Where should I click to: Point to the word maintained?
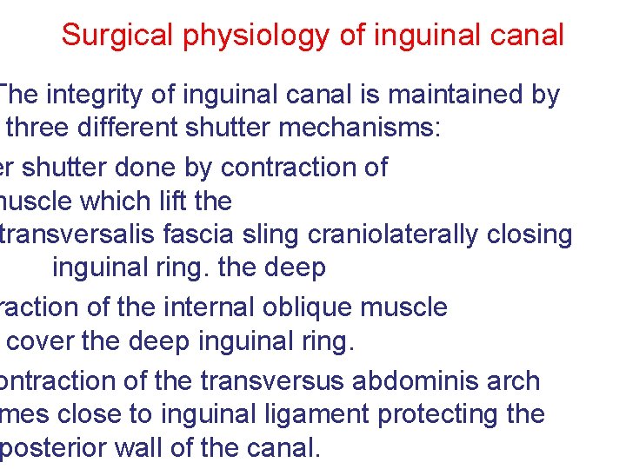pyautogui.click(x=452, y=95)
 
